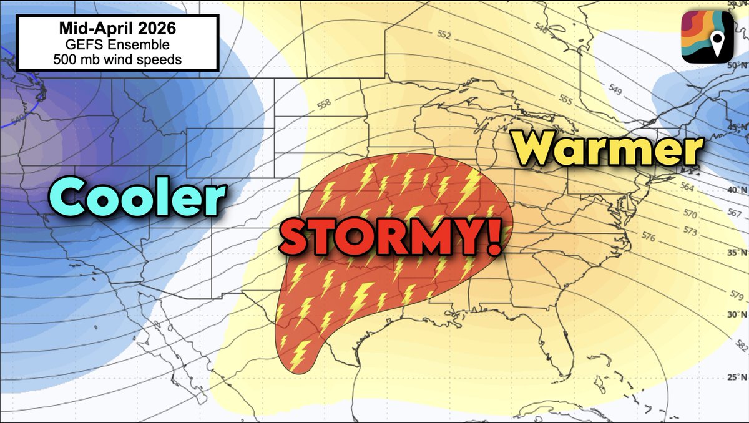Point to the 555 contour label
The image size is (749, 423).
565,99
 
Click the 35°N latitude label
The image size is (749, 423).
738,253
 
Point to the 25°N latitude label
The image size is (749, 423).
738,377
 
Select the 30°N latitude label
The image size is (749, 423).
738,314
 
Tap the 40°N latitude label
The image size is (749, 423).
738,189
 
